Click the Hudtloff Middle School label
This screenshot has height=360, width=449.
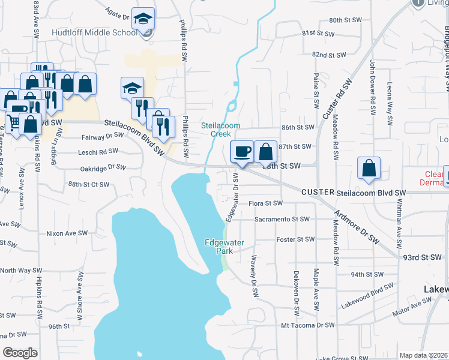[95, 32]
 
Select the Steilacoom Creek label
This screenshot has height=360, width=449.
[220, 130]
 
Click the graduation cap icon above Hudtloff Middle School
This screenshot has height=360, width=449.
[143, 19]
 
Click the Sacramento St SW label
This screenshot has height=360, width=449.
[282, 219]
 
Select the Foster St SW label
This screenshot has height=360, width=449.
[295, 239]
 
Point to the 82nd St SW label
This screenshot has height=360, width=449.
[330, 55]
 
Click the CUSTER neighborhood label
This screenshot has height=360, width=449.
[318, 192]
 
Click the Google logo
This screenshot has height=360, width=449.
[20, 353]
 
